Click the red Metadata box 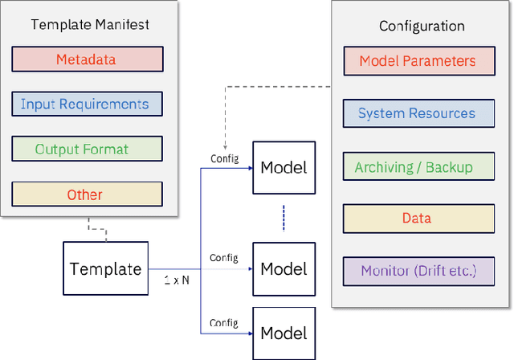(87, 59)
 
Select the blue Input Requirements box (87, 104)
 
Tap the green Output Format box (87, 149)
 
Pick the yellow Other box (87, 194)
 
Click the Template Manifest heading (89, 24)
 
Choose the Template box (105, 268)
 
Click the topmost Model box (284, 167)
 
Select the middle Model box (284, 268)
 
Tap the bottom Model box (284, 332)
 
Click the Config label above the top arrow (224, 158)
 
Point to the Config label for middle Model (224, 258)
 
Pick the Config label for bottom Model (224, 322)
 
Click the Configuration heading (422, 27)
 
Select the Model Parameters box (418, 61)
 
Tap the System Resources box (418, 113)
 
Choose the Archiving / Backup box (418, 167)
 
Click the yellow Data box (418, 219)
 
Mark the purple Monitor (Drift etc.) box (418, 271)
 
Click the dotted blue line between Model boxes (284, 217)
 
